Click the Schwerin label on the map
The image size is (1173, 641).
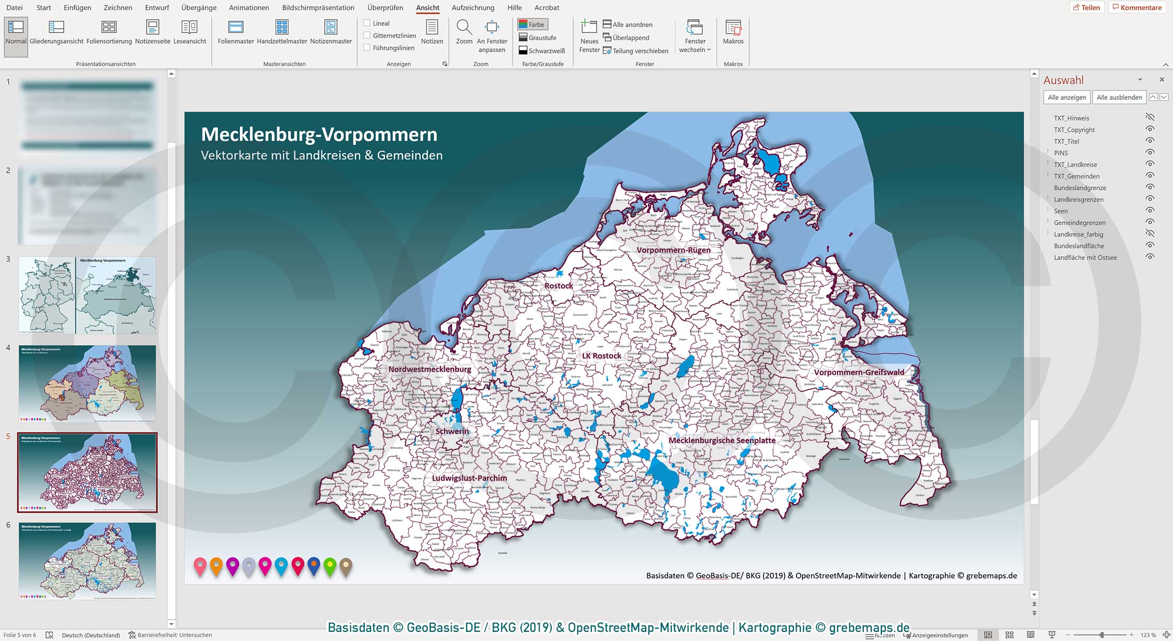452,431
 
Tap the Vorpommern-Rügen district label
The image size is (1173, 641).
673,250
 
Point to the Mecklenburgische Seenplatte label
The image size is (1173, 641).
722,440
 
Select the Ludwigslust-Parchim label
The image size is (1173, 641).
469,478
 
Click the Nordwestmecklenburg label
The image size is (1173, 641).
430,369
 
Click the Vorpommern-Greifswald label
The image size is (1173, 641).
859,372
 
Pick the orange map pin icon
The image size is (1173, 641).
216,566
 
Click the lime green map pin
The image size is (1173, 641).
330,566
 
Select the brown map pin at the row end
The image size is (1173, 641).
346,566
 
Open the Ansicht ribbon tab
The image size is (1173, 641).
428,7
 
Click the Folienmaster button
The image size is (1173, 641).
236,32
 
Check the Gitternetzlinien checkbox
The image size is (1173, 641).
367,35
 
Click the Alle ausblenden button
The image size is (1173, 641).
1119,97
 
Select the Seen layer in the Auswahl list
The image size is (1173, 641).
1060,211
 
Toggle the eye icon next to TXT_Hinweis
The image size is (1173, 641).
1150,117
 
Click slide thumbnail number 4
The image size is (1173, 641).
87,384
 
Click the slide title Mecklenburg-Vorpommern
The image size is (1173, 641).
319,134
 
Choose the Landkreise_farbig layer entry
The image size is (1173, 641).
1078,234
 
